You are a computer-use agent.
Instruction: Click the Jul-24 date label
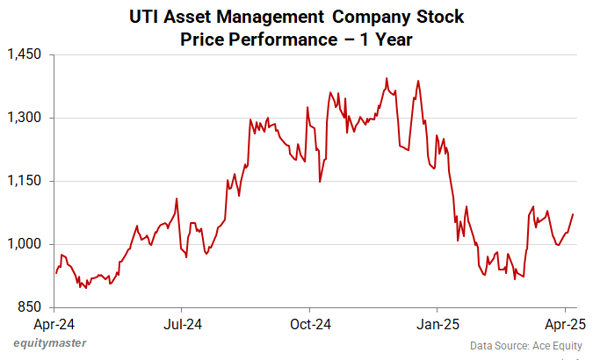pyautogui.click(x=182, y=325)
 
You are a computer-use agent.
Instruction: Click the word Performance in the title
pyautogui.click(x=268, y=40)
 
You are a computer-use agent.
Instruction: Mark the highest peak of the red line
pyautogui.click(x=387, y=78)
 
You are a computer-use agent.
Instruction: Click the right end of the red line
pyautogui.click(x=573, y=214)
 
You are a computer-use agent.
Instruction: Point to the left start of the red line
pyautogui.click(x=56, y=273)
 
